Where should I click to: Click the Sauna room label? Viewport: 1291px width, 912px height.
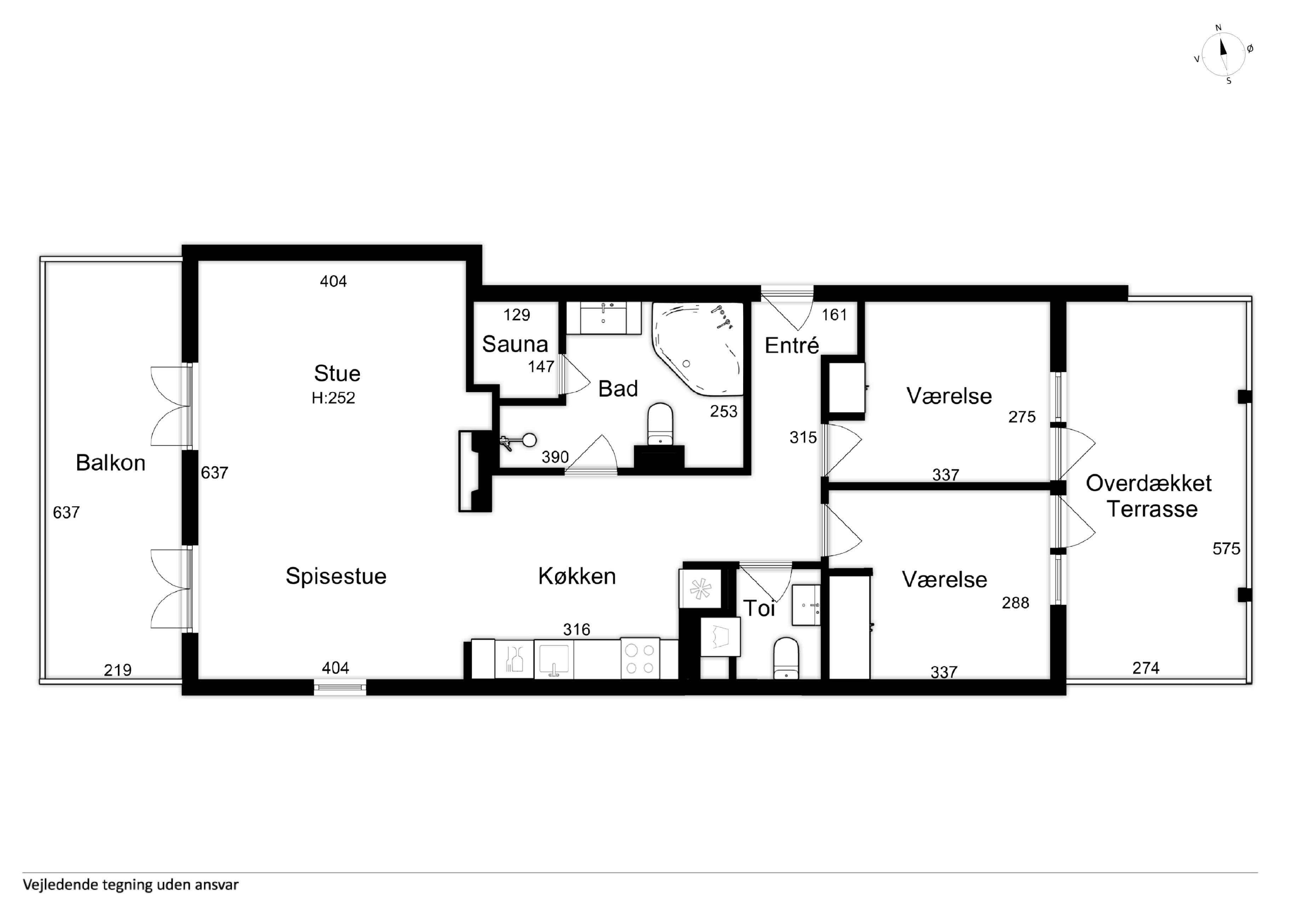click(515, 344)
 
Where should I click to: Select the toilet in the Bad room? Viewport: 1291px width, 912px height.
click(660, 424)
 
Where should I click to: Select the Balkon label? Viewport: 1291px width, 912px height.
click(111, 463)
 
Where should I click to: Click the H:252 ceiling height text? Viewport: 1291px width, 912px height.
click(333, 398)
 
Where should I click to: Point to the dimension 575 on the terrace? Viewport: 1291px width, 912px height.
click(1226, 548)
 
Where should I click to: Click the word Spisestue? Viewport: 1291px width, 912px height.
click(336, 576)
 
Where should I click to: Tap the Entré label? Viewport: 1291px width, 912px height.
click(792, 345)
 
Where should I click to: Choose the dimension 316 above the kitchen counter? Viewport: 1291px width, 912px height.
click(577, 629)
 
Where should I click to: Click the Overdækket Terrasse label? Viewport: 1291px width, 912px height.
click(1149, 496)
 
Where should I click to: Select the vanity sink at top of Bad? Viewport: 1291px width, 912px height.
click(603, 318)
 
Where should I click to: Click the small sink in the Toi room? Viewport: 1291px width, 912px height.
click(806, 605)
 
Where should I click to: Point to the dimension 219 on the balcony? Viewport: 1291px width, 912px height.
click(117, 670)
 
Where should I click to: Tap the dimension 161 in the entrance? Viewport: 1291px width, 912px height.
click(834, 315)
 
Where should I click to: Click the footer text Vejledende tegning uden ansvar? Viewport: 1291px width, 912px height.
click(131, 884)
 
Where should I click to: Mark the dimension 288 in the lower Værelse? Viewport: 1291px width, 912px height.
click(1015, 603)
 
